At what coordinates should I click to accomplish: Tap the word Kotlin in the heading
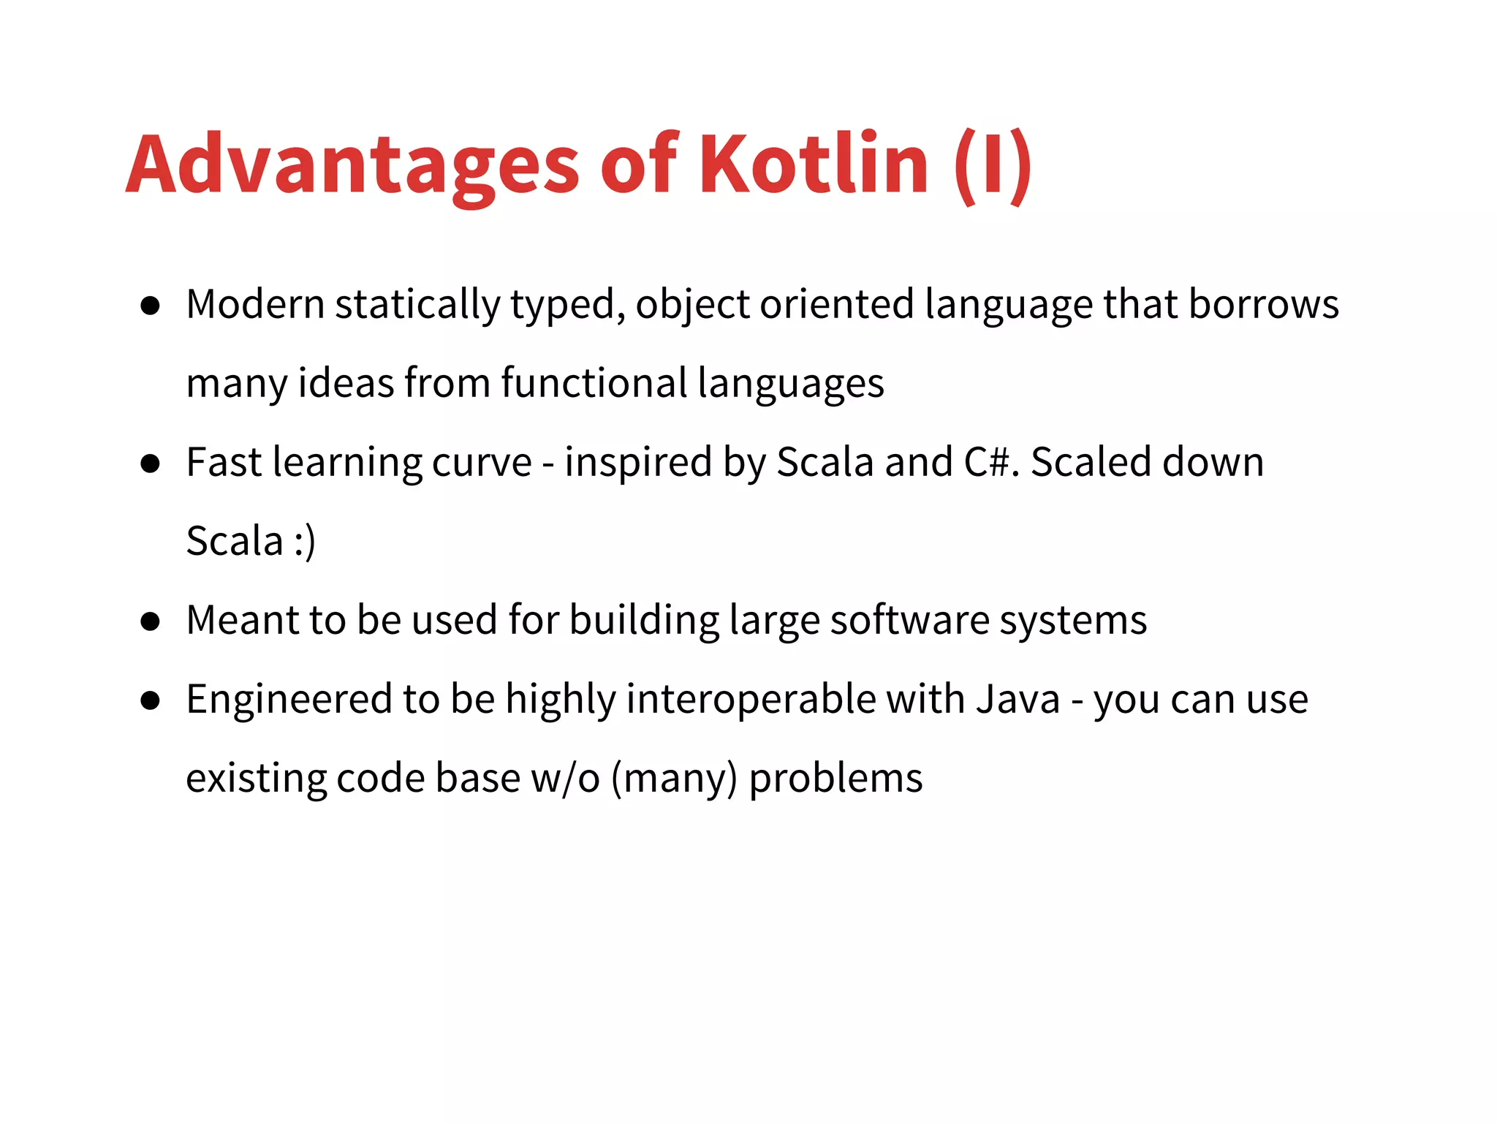click(814, 164)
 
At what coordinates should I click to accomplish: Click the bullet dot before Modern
click(151, 306)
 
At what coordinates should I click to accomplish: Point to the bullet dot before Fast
click(151, 464)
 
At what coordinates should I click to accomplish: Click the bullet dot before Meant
click(151, 621)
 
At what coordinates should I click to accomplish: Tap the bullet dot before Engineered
click(151, 700)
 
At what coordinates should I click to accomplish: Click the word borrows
click(1264, 304)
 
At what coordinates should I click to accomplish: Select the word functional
click(594, 383)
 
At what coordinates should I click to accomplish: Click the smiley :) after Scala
click(305, 542)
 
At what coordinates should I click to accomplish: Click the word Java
click(1017, 699)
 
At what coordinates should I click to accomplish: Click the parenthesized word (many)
click(674, 778)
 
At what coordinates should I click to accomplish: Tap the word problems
click(835, 779)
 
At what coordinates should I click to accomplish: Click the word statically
click(417, 306)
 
